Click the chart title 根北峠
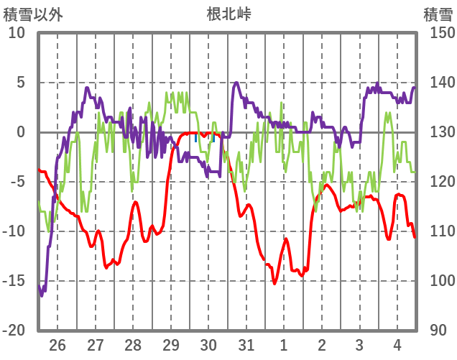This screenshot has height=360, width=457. (228, 14)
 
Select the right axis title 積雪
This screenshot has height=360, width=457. (438, 14)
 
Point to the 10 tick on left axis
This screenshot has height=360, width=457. (17, 33)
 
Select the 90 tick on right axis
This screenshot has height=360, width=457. (439, 331)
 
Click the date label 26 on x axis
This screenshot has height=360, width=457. (57, 345)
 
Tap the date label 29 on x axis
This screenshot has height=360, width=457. (170, 345)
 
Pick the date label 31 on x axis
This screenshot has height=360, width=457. (246, 345)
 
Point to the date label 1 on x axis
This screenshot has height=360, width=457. (284, 345)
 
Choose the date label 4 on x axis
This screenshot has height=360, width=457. (397, 345)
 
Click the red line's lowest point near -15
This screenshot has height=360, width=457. (274, 283)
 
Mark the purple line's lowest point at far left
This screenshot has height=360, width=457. (42, 295)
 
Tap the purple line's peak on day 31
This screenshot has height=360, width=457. (236, 83)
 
